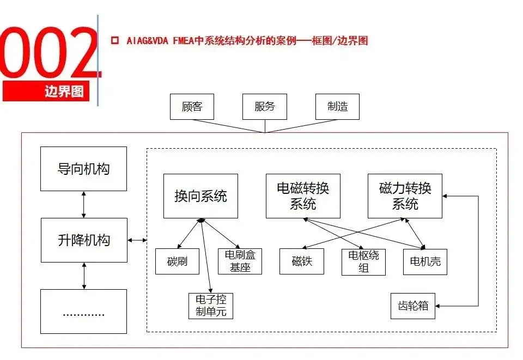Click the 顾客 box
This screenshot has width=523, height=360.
[x=192, y=107]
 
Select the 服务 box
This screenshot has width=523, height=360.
[x=265, y=107]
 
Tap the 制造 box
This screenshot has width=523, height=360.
[x=337, y=107]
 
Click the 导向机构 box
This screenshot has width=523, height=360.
[x=83, y=169]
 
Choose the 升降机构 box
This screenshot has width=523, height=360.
[x=84, y=240]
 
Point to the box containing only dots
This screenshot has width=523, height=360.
[x=83, y=312]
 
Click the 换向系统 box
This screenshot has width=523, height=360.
[x=200, y=196]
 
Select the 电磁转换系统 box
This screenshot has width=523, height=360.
[x=303, y=196]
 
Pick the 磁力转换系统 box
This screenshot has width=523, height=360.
[x=405, y=196]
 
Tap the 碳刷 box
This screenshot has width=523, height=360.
[x=177, y=261]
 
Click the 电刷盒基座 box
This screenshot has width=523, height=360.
[x=240, y=261]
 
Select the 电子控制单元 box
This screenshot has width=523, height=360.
[x=211, y=306]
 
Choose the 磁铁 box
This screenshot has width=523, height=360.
[x=301, y=261]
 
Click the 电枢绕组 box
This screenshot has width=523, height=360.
[x=363, y=262]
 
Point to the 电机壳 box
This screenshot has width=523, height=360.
[x=425, y=262]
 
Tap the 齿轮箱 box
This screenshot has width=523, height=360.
[x=413, y=306]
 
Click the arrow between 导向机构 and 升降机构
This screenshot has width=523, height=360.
[x=84, y=205]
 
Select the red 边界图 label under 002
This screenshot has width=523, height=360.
[x=46, y=91]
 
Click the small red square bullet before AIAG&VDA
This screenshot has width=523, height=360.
[x=115, y=41]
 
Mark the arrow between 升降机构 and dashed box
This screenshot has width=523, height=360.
[x=137, y=240]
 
